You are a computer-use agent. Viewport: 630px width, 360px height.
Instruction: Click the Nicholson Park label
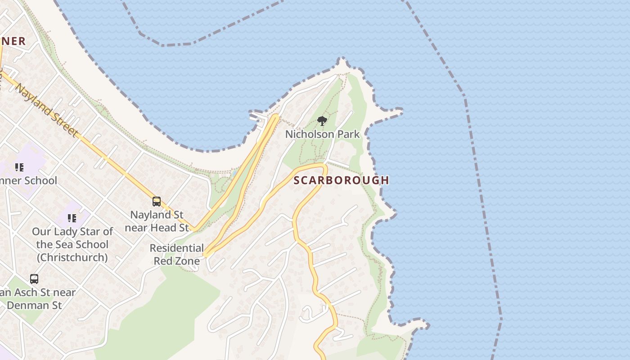[322, 134]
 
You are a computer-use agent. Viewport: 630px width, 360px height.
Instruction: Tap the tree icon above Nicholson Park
[322, 121]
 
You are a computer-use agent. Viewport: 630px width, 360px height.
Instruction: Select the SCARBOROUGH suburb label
[341, 180]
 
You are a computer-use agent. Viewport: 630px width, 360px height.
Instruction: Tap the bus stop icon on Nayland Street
[157, 202]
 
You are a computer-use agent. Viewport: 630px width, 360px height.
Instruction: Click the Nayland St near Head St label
[157, 221]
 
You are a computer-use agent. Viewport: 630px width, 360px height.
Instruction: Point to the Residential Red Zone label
[176, 254]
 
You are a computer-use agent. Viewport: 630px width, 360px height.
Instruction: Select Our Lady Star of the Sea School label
[72, 244]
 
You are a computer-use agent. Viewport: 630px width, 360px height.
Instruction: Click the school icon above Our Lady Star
[72, 219]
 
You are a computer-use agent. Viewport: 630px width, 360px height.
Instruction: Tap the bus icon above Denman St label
[34, 279]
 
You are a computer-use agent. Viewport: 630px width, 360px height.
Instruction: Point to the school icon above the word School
[19, 167]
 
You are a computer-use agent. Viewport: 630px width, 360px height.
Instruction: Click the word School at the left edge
[41, 181]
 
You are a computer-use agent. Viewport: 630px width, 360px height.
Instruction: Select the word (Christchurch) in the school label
[72, 257]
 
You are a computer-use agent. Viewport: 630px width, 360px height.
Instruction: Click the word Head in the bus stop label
[165, 228]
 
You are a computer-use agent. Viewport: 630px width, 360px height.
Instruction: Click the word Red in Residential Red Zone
[164, 261]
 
